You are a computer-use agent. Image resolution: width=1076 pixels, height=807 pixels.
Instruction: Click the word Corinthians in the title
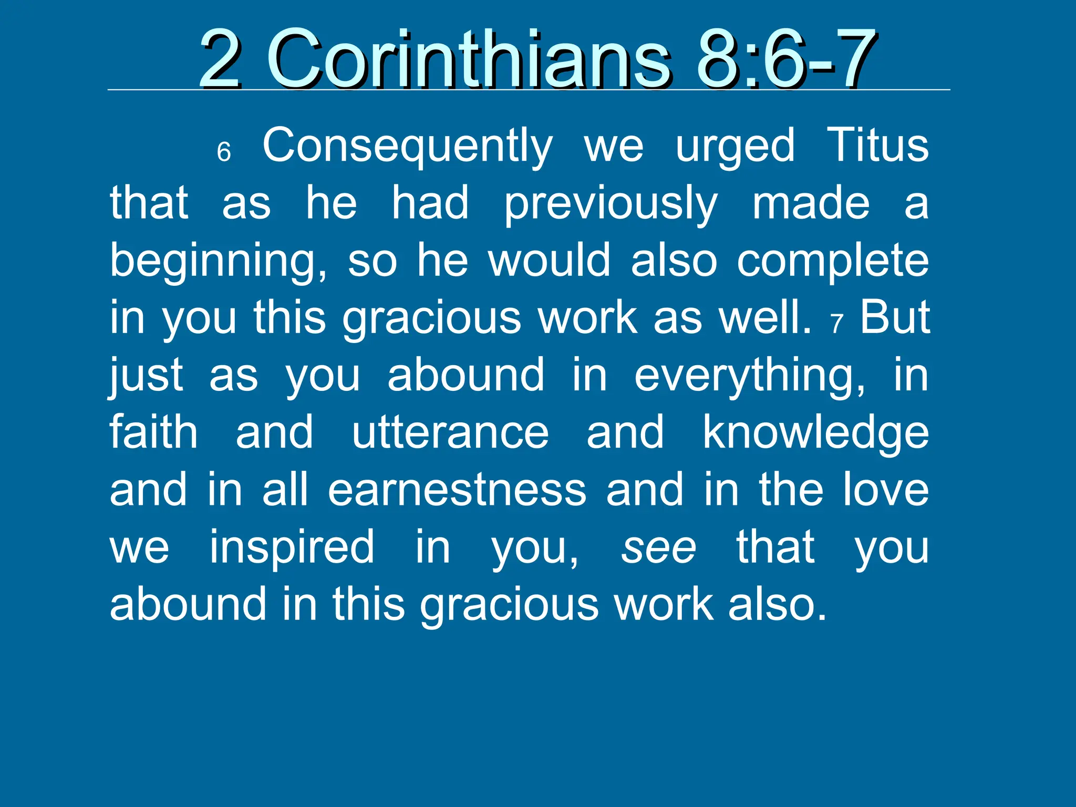click(x=469, y=59)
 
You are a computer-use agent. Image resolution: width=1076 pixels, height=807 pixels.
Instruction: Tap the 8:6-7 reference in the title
click(x=785, y=59)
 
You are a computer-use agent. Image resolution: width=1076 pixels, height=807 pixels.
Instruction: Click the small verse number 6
click(x=224, y=152)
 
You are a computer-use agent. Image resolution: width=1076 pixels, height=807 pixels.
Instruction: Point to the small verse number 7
click(x=837, y=324)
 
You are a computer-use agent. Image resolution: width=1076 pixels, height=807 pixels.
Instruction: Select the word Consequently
click(x=407, y=146)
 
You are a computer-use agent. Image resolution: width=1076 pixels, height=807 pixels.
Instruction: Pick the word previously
click(x=611, y=204)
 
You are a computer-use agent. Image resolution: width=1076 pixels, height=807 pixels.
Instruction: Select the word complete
click(x=833, y=261)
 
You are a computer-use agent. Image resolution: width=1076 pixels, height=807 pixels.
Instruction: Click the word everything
click(x=749, y=376)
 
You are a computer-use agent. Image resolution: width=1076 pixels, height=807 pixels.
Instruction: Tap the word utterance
click(x=450, y=432)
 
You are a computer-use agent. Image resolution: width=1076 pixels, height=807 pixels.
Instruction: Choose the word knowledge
click(x=816, y=433)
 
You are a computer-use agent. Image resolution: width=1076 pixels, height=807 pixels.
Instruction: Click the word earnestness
click(x=457, y=490)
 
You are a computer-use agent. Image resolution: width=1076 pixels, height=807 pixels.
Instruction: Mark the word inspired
click(x=292, y=548)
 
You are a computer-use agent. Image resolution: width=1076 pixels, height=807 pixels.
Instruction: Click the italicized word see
click(x=659, y=548)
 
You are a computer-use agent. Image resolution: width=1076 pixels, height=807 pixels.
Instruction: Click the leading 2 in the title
click(x=221, y=59)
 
